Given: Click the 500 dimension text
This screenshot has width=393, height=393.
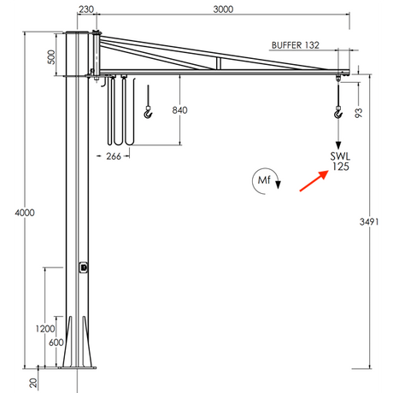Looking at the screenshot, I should pyautogui.click(x=51, y=57).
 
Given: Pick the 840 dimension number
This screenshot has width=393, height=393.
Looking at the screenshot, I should pyautogui.click(x=180, y=110).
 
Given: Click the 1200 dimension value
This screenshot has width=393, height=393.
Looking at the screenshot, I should pyautogui.click(x=46, y=328).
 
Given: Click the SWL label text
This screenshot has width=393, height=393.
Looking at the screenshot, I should pyautogui.click(x=340, y=155).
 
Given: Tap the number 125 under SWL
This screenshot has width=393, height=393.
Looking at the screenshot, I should pyautogui.click(x=340, y=167).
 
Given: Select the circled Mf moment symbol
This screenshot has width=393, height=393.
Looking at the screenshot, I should pyautogui.click(x=265, y=180).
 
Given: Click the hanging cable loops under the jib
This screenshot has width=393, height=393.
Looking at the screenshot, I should pyautogui.click(x=118, y=115).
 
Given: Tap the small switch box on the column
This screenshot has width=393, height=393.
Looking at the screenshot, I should pyautogui.click(x=84, y=267).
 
